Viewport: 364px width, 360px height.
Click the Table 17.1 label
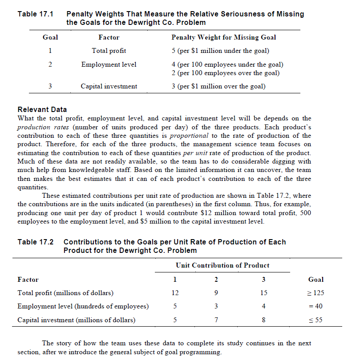click(x=35, y=14)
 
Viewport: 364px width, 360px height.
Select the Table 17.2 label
click(x=35, y=242)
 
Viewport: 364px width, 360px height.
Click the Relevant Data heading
click(x=42, y=109)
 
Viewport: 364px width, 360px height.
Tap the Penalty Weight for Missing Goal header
click(x=223, y=37)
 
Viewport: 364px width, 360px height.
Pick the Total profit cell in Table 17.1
click(x=109, y=51)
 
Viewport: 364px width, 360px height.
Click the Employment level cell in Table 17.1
click(x=109, y=64)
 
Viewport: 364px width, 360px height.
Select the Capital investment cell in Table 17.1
click(x=109, y=86)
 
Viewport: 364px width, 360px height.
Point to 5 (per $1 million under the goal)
click(x=220, y=51)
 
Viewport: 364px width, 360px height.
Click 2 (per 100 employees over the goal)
click(x=225, y=73)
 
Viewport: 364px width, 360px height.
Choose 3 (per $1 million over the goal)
click(x=218, y=86)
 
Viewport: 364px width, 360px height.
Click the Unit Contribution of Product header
click(x=222, y=265)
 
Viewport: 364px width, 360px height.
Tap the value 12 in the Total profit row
click(x=175, y=293)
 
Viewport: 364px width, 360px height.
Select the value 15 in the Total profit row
click(x=263, y=293)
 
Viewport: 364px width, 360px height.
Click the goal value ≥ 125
click(x=315, y=293)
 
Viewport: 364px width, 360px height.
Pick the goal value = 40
click(x=315, y=306)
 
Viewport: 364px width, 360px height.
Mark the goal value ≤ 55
click(x=315, y=320)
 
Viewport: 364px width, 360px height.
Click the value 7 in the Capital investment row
click(x=216, y=320)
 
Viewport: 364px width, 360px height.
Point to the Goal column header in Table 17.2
click(x=315, y=280)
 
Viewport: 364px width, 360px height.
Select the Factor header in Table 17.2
click(x=28, y=280)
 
